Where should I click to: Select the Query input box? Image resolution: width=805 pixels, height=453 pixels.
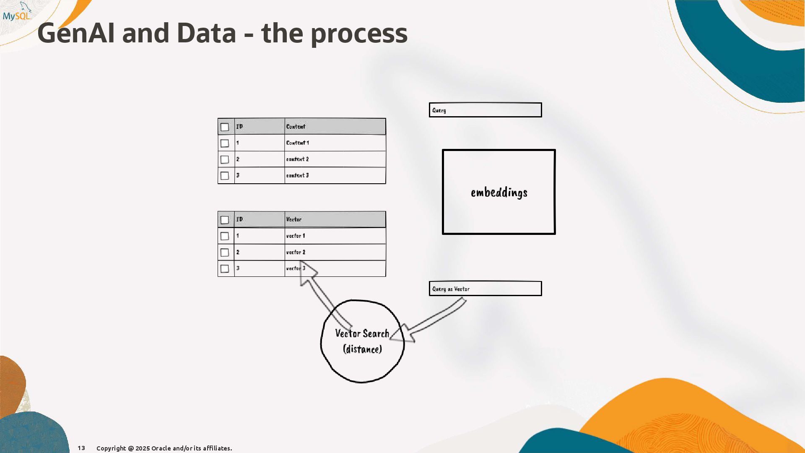pyautogui.click(x=485, y=110)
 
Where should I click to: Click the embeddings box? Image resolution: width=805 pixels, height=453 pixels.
pyautogui.click(x=499, y=192)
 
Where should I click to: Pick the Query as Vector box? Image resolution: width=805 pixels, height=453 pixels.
pyautogui.click(x=485, y=289)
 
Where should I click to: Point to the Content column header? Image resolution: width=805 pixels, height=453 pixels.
pyautogui.click(x=296, y=126)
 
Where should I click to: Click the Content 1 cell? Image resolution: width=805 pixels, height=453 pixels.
pyautogui.click(x=297, y=143)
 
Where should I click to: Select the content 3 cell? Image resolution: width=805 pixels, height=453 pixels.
pyautogui.click(x=297, y=175)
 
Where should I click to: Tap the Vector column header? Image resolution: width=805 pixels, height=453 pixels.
pyautogui.click(x=293, y=219)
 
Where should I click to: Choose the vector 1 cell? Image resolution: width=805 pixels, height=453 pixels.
pyautogui.click(x=295, y=236)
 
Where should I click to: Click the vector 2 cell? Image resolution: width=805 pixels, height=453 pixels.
pyautogui.click(x=295, y=252)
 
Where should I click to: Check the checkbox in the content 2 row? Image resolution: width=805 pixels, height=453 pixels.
pyautogui.click(x=225, y=159)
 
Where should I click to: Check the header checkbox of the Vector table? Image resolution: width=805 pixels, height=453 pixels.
pyautogui.click(x=225, y=220)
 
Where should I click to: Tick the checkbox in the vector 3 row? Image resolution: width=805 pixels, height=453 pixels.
pyautogui.click(x=225, y=268)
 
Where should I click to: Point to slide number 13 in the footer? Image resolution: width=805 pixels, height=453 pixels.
pyautogui.click(x=81, y=448)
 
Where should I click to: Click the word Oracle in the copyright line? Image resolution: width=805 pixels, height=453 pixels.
pyautogui.click(x=161, y=448)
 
